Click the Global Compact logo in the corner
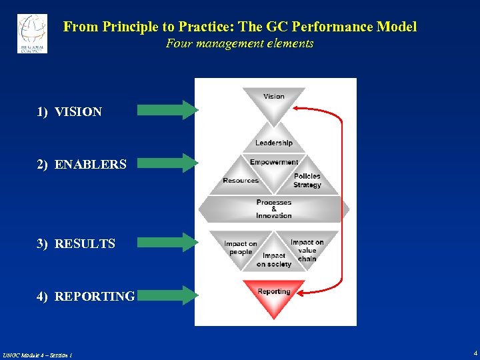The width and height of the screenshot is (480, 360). tap(32, 33)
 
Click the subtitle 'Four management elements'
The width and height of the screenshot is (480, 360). tap(239, 44)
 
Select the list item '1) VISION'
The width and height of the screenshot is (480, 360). tap(69, 112)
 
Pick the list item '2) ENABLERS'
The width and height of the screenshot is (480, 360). tap(81, 164)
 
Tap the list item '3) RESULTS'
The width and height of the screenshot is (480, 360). tap(75, 244)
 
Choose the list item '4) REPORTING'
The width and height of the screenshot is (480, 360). tap(85, 297)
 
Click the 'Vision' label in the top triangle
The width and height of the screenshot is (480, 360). tap(274, 97)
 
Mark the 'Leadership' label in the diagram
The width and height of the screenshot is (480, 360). tap(273, 143)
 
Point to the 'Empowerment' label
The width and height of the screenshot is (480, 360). tap(274, 162)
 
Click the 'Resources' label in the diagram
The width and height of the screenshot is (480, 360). tap(241, 181)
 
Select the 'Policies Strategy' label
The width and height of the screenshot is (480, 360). tap(307, 181)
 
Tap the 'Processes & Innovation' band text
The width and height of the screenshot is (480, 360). tap(274, 209)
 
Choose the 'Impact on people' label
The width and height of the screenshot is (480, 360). tap(241, 248)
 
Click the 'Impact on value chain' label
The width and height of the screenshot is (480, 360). tap(307, 250)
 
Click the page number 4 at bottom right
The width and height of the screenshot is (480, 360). tap(475, 353)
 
